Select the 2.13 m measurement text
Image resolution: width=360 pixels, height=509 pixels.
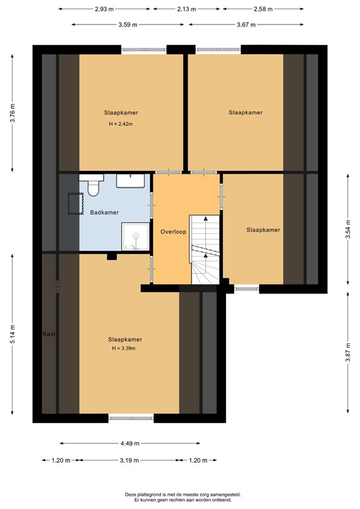[187, 9]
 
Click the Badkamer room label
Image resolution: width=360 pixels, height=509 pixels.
[103, 213]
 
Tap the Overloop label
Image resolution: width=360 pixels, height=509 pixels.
[174, 231]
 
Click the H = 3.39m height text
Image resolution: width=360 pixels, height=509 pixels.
[125, 348]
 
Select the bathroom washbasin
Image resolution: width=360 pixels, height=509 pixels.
[131, 180]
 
